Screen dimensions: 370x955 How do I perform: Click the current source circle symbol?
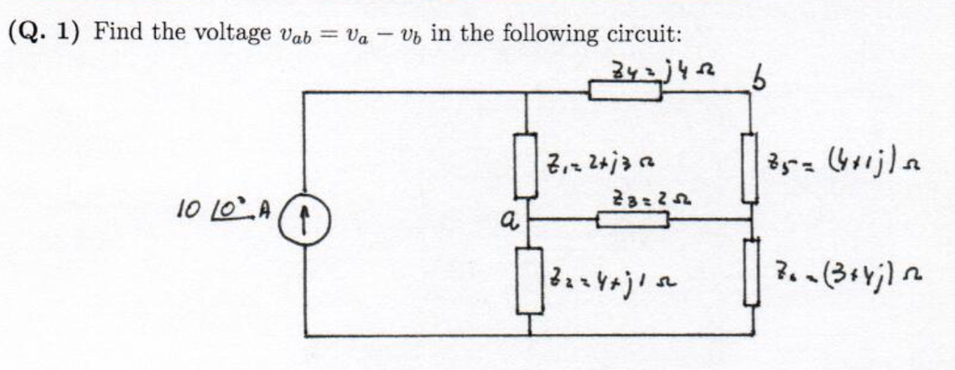pyautogui.click(x=306, y=223)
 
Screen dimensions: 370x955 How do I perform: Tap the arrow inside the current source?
pyautogui.click(x=306, y=223)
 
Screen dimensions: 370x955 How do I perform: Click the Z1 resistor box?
pyautogui.click(x=527, y=164)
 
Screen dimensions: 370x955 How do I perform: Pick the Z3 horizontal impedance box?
pyautogui.click(x=631, y=220)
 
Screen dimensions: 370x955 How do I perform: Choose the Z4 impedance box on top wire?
pyautogui.click(x=626, y=91)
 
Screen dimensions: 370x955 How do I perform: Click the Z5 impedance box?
pyautogui.click(x=749, y=168)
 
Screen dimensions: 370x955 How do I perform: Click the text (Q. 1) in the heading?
pyautogui.click(x=44, y=34)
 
